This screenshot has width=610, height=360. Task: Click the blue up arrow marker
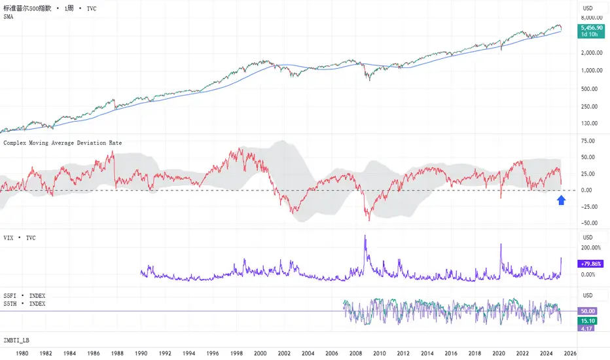(561, 200)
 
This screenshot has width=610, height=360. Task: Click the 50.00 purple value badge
(587, 311)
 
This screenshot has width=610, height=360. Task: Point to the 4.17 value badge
(587, 329)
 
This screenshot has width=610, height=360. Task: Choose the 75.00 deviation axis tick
(587, 141)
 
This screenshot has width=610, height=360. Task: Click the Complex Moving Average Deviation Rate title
(63, 142)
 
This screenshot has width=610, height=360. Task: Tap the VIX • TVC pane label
(20, 238)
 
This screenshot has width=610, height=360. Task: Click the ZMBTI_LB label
(16, 340)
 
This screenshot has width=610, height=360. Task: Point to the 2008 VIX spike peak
(365, 236)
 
